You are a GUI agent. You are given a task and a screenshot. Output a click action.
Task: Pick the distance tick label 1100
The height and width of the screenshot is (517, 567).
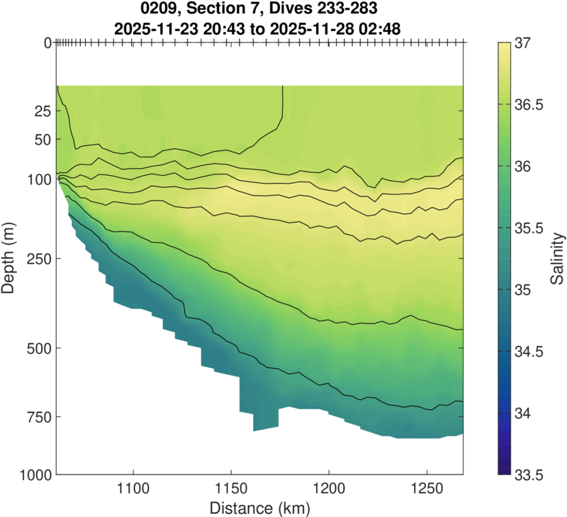pyautogui.click(x=133, y=489)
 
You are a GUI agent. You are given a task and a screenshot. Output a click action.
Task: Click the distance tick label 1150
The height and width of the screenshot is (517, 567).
pyautogui.click(x=230, y=489)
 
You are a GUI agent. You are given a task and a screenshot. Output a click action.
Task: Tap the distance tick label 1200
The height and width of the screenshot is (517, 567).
pyautogui.click(x=328, y=489)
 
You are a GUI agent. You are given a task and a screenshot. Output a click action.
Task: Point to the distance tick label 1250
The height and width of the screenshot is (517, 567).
pyautogui.click(x=425, y=489)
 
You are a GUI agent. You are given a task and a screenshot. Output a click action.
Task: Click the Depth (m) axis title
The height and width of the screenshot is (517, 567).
pyautogui.click(x=12, y=258)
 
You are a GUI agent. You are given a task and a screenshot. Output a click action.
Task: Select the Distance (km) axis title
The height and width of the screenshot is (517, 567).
pyautogui.click(x=259, y=508)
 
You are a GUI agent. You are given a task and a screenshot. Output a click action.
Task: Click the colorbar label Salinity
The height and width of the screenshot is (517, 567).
pyautogui.click(x=558, y=258)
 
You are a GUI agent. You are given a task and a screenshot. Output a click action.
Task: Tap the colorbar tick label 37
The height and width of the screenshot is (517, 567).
pyautogui.click(x=526, y=43)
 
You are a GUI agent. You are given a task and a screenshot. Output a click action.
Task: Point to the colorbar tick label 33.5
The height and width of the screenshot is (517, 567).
pyautogui.click(x=531, y=474)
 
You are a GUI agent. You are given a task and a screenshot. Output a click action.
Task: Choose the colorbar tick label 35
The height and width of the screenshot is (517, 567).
pyautogui.click(x=526, y=289)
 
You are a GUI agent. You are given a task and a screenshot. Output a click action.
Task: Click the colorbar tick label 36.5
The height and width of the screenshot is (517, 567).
pyautogui.click(x=531, y=105)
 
